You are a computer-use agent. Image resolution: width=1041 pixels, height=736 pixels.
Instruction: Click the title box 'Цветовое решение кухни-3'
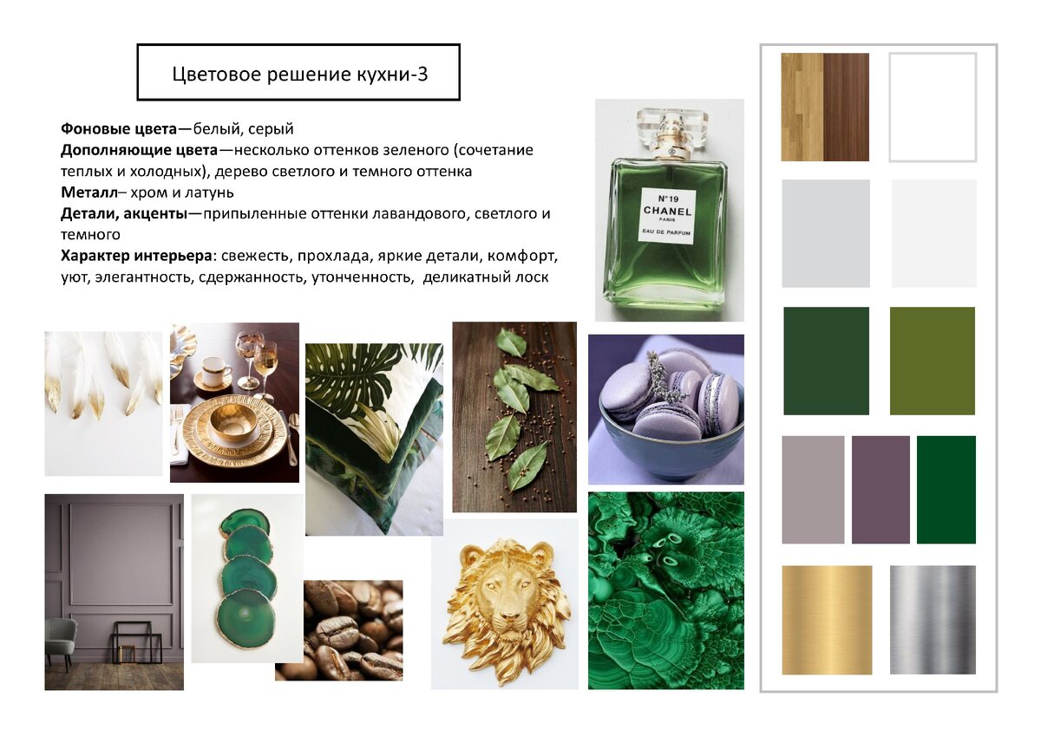point(298,72)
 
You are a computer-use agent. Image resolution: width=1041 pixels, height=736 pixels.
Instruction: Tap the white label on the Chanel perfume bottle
point(667,216)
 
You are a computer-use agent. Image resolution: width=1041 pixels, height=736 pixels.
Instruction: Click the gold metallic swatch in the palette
point(827,620)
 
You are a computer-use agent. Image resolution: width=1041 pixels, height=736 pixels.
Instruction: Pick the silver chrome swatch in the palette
point(933,620)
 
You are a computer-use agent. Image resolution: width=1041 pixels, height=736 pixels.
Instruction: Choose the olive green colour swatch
point(933,361)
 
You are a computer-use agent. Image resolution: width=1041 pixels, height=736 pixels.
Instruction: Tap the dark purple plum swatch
point(881,490)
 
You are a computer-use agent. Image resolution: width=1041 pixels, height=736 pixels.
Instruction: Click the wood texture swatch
point(825,107)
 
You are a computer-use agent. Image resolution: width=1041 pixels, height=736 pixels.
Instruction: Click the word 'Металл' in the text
point(89,192)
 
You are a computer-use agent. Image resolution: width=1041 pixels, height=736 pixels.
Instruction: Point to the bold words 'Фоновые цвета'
point(119,128)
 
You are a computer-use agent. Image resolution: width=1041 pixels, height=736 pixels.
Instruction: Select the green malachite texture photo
point(666,590)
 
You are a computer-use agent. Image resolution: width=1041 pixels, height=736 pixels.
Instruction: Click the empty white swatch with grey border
point(933,107)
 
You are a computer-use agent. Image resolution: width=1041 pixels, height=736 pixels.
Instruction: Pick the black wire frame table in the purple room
point(137,642)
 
